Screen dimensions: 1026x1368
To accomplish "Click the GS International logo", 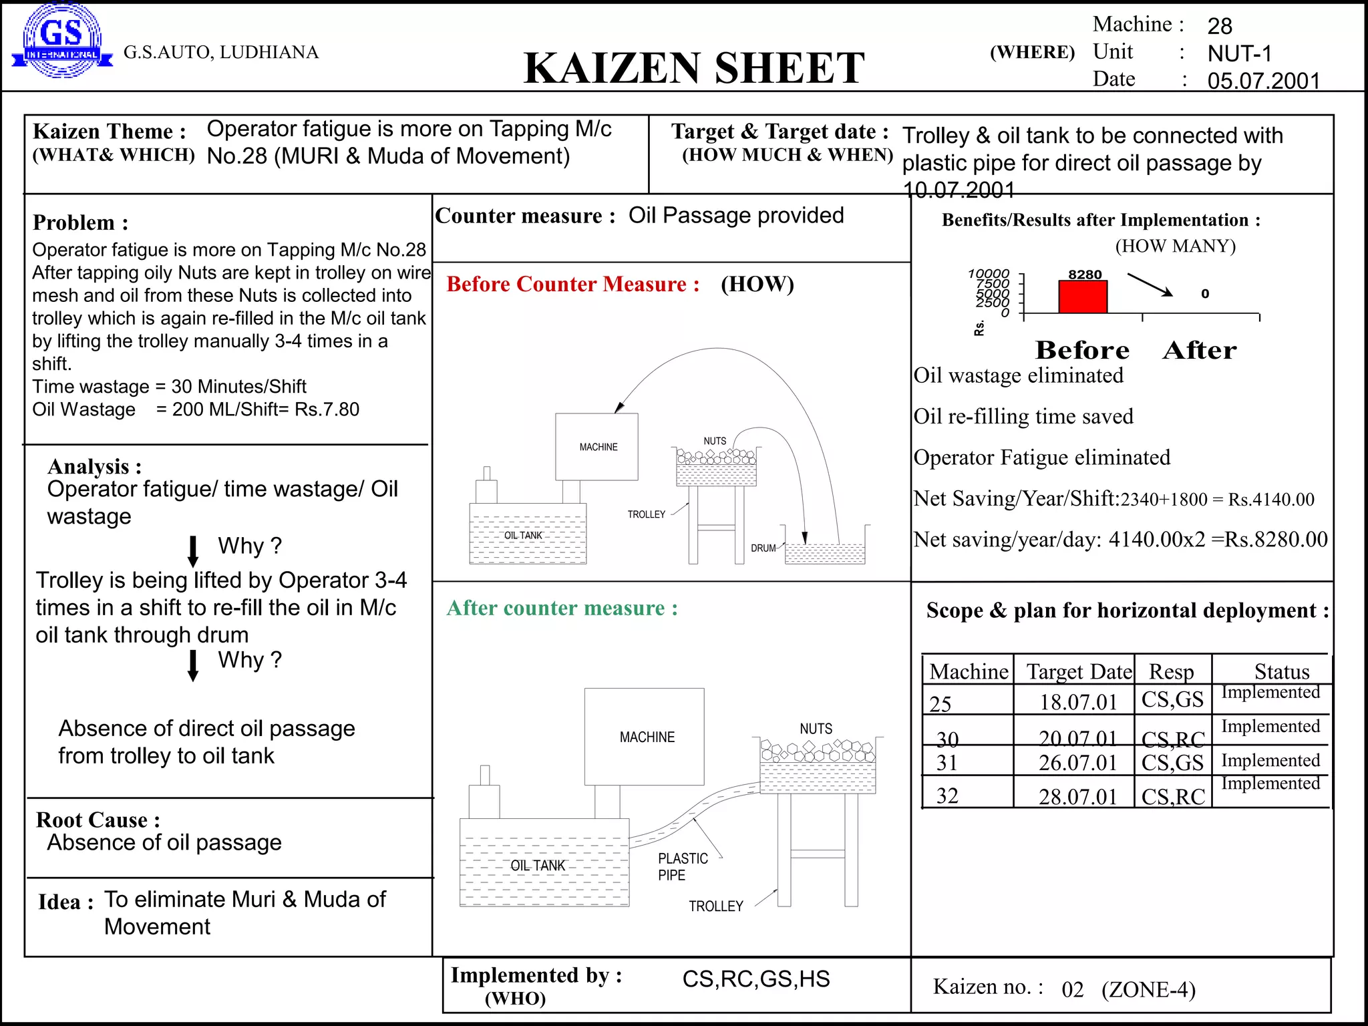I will tap(61, 40).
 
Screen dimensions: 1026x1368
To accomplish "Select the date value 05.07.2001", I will tap(1263, 81).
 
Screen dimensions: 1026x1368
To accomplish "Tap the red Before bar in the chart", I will tap(1083, 297).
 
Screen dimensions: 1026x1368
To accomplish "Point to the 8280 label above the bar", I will tap(1085, 275).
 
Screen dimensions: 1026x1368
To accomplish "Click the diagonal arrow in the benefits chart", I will tap(1150, 284).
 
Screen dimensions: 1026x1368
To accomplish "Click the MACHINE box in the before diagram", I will tap(596, 446).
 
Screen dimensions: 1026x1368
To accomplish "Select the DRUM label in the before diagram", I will tap(763, 548).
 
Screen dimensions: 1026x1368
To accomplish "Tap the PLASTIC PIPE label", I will tap(682, 866).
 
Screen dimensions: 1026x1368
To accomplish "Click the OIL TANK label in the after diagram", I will tap(537, 865).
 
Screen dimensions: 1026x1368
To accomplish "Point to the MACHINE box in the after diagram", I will tap(645, 736).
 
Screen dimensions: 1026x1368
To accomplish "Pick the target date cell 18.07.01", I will tap(1077, 702).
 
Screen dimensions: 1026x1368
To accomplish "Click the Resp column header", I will tap(1171, 671).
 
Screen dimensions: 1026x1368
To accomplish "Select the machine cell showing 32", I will tap(947, 796).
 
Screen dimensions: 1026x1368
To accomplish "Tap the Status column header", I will tap(1281, 671).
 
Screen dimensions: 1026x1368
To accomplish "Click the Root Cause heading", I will tap(98, 820).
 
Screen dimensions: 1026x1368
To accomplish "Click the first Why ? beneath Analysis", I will tap(250, 546).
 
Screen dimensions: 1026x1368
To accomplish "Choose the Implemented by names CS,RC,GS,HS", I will tap(755, 979).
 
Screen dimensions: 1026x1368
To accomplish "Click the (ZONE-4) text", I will tap(1148, 989).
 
